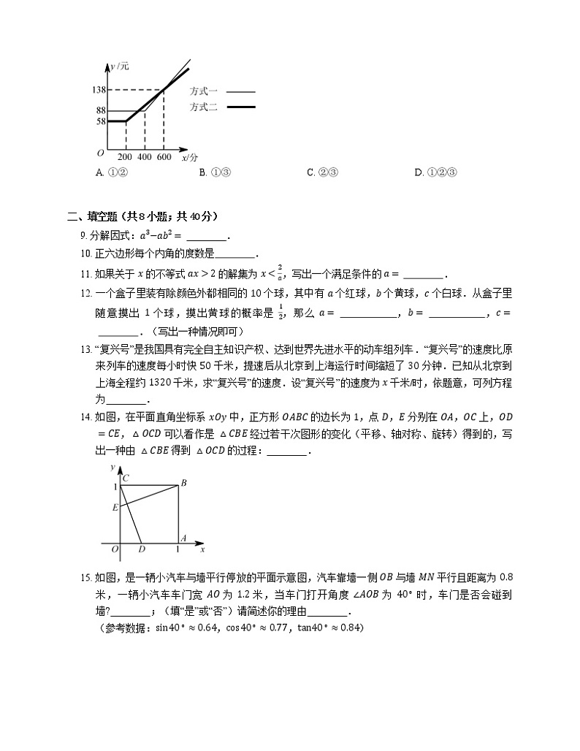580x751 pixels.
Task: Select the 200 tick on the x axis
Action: (x=125, y=157)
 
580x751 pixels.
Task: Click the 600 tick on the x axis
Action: (x=164, y=157)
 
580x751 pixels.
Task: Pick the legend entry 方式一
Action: (x=204, y=92)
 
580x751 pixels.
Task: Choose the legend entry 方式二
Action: (x=204, y=107)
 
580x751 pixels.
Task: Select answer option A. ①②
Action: (x=112, y=172)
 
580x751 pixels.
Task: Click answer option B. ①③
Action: (x=215, y=172)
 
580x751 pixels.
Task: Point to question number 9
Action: (x=83, y=235)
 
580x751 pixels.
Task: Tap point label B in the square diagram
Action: (x=184, y=483)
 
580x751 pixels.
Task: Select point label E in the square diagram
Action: (x=114, y=506)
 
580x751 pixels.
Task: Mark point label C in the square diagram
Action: (x=126, y=479)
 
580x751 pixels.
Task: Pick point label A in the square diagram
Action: (x=183, y=538)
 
